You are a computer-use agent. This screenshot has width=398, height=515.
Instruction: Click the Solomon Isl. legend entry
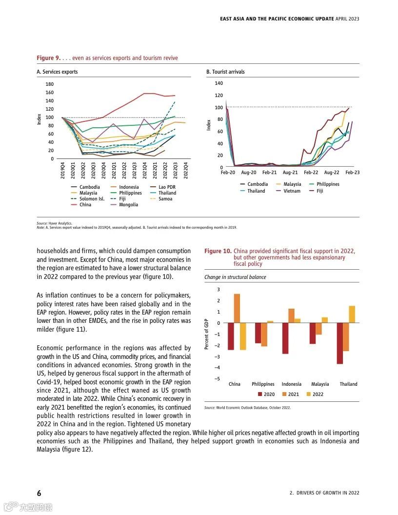click(92, 199)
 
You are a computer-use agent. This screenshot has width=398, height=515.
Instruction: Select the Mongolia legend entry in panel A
click(128, 205)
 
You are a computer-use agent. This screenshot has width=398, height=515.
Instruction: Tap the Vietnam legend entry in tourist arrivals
click(292, 191)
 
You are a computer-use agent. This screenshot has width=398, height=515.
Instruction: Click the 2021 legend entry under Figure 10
click(293, 394)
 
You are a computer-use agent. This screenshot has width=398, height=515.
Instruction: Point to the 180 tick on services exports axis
click(50, 84)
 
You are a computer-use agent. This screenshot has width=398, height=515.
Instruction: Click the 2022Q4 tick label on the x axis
click(185, 171)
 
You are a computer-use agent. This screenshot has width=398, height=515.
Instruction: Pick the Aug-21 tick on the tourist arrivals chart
click(290, 173)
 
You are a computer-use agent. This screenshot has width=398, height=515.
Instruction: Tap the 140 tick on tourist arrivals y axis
click(219, 83)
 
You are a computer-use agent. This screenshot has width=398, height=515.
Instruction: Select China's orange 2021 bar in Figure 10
click(237, 308)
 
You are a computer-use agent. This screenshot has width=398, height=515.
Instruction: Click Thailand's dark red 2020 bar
click(340, 343)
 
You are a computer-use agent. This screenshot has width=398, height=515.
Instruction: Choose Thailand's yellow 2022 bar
click(352, 314)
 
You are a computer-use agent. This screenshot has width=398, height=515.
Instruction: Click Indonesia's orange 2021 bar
click(291, 316)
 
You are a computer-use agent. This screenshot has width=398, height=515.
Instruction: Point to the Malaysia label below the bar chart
click(320, 384)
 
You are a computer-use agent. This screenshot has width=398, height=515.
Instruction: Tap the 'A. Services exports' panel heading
click(57, 72)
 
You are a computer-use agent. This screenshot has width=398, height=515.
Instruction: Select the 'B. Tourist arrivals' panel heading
click(225, 72)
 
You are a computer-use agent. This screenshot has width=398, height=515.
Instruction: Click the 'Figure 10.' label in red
click(218, 251)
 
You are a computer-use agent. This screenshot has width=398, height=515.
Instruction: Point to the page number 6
click(39, 493)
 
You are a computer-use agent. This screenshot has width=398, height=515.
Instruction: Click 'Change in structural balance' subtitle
click(235, 277)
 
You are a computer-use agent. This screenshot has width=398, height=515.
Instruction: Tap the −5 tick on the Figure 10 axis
click(217, 379)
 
